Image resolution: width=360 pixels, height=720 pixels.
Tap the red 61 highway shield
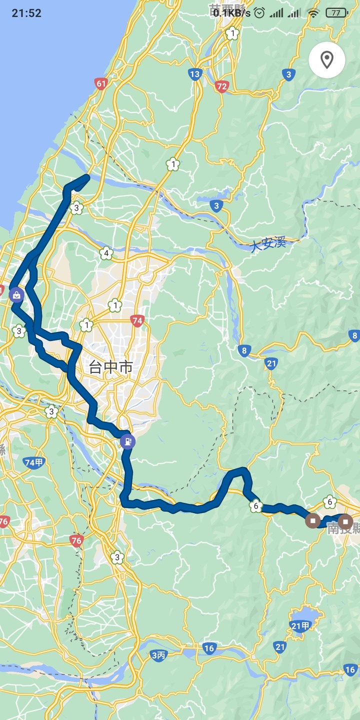101,83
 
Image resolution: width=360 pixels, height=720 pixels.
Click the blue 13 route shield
194,74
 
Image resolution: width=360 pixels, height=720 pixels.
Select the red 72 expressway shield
222,87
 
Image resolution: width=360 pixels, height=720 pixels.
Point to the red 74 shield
137,321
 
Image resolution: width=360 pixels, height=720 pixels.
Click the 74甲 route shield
34,462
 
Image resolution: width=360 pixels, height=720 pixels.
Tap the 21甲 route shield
300,625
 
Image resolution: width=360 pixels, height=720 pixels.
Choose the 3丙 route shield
158,655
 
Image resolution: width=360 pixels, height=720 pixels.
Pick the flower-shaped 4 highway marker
105,254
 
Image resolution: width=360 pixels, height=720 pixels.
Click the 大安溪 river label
268,245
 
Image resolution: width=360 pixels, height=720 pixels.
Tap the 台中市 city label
111,367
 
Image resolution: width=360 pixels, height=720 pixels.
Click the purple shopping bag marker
16,294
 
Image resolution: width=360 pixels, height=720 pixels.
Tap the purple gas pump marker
127,441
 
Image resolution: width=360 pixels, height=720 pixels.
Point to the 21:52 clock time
26,13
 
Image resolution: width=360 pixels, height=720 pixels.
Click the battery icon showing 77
336,13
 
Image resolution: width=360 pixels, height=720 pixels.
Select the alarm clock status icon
259,13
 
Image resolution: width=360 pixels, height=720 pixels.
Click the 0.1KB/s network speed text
231,13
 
